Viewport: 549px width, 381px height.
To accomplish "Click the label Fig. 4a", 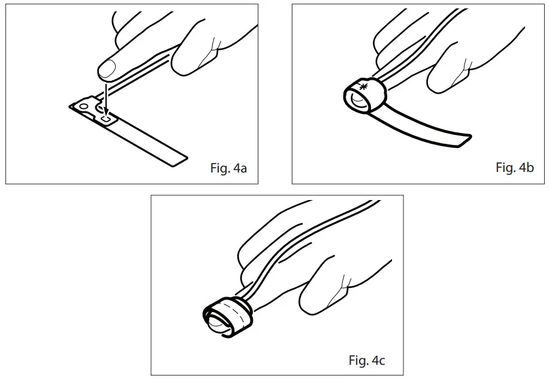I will point(229,168).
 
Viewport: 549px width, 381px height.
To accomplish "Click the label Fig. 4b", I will point(514,168).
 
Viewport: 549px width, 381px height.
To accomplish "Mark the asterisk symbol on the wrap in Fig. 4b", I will point(362,87).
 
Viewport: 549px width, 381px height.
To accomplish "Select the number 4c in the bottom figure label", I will point(379,361).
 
